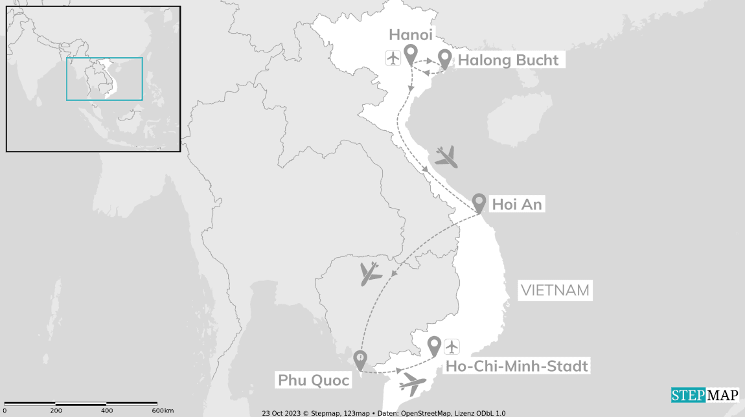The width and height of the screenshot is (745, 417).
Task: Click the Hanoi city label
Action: (x=411, y=34)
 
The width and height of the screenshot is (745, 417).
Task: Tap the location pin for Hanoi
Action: (x=410, y=54)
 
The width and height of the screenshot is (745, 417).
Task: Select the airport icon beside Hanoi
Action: (x=393, y=58)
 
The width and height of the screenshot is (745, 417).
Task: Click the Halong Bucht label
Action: (x=509, y=60)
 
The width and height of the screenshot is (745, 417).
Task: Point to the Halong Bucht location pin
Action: (x=444, y=58)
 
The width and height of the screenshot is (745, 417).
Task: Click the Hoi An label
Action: (x=516, y=205)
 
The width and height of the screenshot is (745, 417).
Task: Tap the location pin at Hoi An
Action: (x=479, y=202)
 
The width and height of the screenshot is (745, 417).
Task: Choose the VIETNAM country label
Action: (x=555, y=290)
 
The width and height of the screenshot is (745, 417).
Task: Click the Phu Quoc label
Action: (x=314, y=380)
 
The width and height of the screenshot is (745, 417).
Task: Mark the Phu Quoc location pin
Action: (x=360, y=358)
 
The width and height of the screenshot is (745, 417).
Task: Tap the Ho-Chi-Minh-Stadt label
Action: (x=517, y=366)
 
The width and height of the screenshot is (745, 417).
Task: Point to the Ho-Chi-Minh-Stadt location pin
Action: (x=434, y=345)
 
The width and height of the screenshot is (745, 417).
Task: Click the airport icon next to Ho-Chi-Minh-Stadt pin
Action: (x=452, y=346)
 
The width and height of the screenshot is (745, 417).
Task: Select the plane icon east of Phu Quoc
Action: (x=413, y=383)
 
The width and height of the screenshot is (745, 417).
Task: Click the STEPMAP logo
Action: (x=704, y=395)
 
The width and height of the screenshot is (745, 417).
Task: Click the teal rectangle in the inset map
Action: (x=104, y=79)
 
